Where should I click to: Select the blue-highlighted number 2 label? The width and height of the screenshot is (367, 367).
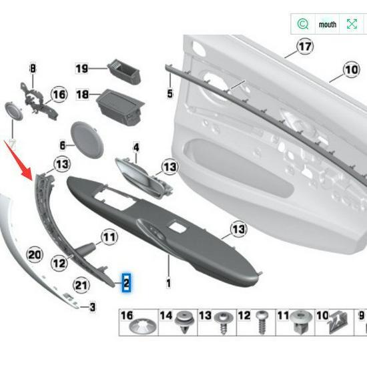[125, 283]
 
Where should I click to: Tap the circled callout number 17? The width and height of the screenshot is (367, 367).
[304, 47]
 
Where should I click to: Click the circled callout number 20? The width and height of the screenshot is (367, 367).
[34, 254]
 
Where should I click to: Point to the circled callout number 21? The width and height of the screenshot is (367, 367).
[81, 286]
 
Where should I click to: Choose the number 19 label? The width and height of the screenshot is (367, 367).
[81, 69]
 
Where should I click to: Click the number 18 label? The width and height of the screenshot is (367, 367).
[82, 95]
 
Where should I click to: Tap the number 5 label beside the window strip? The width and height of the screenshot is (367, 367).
[169, 93]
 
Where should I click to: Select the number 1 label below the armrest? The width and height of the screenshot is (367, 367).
[168, 284]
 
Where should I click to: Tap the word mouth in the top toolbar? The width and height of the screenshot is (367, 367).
[328, 24]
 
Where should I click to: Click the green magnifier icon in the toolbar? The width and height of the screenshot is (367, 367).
[303, 24]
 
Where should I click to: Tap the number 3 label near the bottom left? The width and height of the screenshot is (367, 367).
[93, 307]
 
